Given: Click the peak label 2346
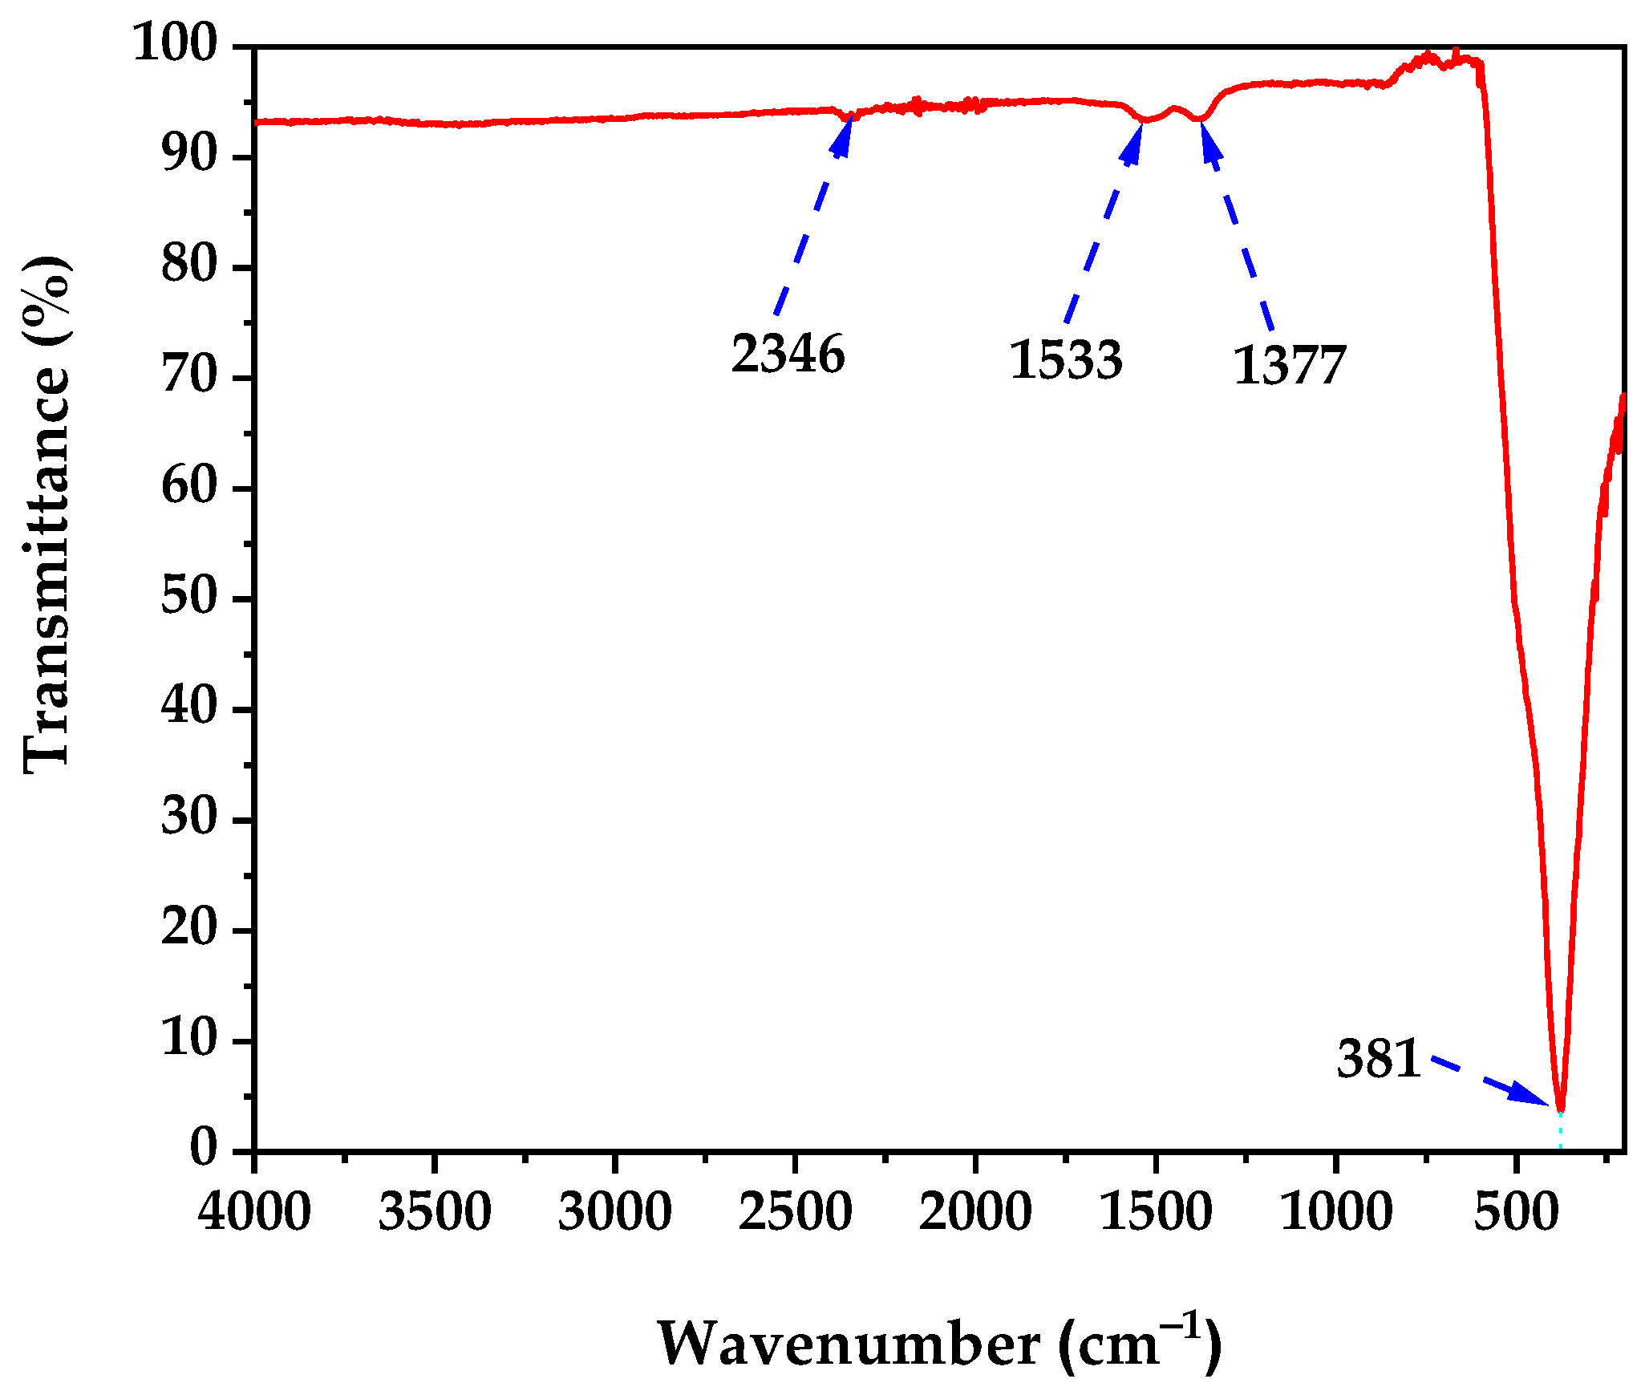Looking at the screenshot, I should (x=788, y=354).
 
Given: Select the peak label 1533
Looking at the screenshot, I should (x=1065, y=359).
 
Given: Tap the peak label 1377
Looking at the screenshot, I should (x=1289, y=366).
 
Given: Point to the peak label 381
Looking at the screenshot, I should (x=1379, y=1059).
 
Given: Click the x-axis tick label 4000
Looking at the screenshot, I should (x=254, y=1211).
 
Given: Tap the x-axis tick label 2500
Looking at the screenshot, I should (x=795, y=1211).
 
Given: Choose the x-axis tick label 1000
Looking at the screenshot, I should (x=1336, y=1211).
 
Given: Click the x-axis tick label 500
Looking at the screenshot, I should (x=1516, y=1211).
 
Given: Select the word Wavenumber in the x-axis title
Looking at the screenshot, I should (x=849, y=1344).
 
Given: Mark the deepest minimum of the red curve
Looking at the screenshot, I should (x=1560, y=1108).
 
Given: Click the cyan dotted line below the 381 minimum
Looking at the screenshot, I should (x=1560, y=1133).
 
